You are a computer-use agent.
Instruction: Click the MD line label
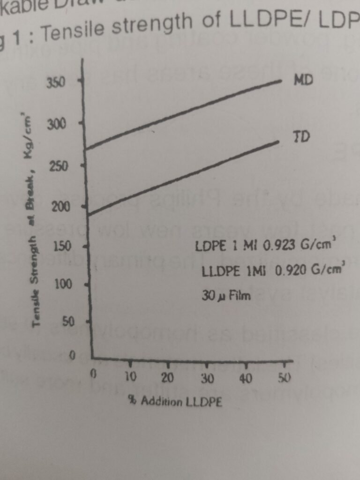pos(303,79)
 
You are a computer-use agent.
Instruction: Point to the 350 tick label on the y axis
pos(56,83)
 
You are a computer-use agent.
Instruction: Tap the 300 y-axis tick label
pos(56,125)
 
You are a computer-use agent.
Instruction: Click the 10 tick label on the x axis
pos(130,376)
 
